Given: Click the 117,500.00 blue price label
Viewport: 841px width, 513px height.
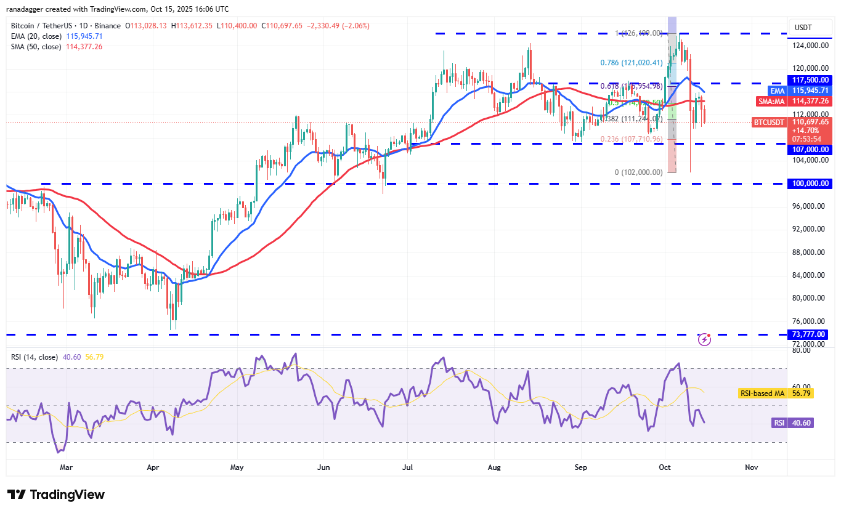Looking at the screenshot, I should pos(810,80).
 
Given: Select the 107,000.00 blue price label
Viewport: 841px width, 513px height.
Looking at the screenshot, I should pos(810,149).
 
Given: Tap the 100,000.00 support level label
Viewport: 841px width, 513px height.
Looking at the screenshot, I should pos(810,184).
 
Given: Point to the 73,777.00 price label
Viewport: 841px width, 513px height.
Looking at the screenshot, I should pos(810,334).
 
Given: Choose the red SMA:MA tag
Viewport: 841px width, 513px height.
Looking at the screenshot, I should pos(771,101).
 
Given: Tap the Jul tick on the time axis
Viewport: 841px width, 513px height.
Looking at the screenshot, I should pos(408,467).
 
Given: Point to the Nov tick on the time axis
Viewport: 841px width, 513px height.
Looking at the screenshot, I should pos(750,467).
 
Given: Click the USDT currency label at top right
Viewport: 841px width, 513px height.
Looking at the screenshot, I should pos(803,27).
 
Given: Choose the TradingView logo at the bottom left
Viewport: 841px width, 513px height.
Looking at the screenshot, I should pos(56,495).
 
